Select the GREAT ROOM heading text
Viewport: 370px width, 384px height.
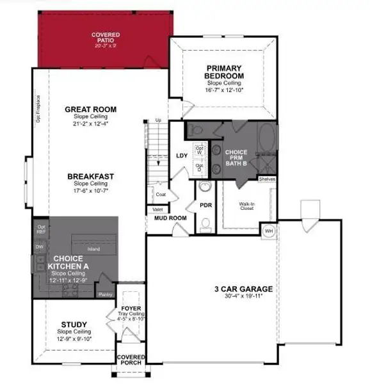[x=90, y=109]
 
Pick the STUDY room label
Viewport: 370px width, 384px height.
[x=74, y=324]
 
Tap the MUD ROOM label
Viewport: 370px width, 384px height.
[x=169, y=218]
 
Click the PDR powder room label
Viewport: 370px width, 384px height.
[x=205, y=205]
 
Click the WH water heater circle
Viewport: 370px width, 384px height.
[x=269, y=230]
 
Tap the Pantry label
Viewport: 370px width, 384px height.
[x=105, y=295]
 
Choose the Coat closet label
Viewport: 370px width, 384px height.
[x=161, y=194]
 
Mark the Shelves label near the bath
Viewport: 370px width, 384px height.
[x=267, y=179]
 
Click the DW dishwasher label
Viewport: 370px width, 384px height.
[x=40, y=246]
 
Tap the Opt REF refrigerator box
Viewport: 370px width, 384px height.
[x=42, y=228]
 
